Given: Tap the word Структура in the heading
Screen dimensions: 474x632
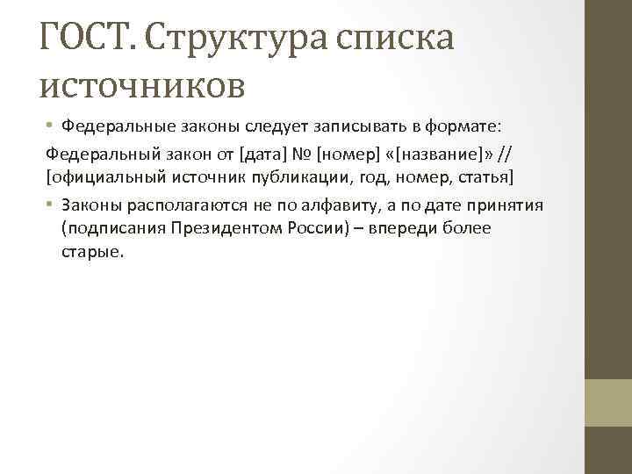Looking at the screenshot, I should [226, 39].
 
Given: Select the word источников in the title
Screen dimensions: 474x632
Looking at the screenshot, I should [143, 83].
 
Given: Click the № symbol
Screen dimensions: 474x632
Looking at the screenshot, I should [304, 154].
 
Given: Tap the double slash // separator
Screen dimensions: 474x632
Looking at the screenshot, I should [504, 154].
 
